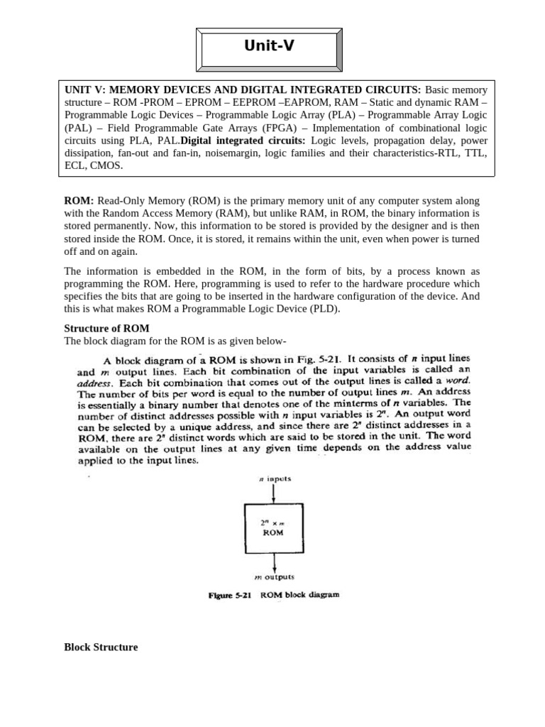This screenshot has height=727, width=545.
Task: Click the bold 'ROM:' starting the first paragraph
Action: (x=79, y=201)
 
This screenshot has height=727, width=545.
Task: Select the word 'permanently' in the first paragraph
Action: (x=109, y=226)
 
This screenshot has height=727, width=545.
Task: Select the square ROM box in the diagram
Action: (x=273, y=530)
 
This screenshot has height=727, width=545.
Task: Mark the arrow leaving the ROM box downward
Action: (x=273, y=564)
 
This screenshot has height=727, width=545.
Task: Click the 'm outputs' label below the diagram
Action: (x=273, y=577)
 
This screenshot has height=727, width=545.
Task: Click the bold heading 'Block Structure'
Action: (x=101, y=647)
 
